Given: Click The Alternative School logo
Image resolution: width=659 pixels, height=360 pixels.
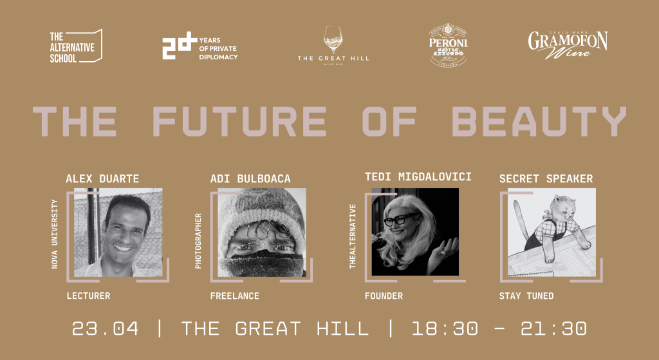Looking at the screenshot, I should pos(75,47).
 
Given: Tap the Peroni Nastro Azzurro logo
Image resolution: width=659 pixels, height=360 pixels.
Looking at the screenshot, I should pos(449,44).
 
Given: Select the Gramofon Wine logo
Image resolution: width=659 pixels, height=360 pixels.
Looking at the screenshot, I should pos(568,44).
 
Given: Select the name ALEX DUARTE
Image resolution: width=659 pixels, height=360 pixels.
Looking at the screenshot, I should pos(102,179).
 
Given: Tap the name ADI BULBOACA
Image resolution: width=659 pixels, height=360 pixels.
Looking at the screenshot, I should pos(251,179).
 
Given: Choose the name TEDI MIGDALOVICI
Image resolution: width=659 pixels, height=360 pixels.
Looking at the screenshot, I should pos(418,176).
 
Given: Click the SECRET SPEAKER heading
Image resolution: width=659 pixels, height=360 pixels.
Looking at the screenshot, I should pos(546,179).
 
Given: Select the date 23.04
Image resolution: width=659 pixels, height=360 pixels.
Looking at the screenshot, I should pos(105,328).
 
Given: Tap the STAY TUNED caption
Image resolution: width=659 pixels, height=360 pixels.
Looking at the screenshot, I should pos(526,296).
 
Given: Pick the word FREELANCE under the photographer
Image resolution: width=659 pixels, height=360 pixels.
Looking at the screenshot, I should pos(234,296).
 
